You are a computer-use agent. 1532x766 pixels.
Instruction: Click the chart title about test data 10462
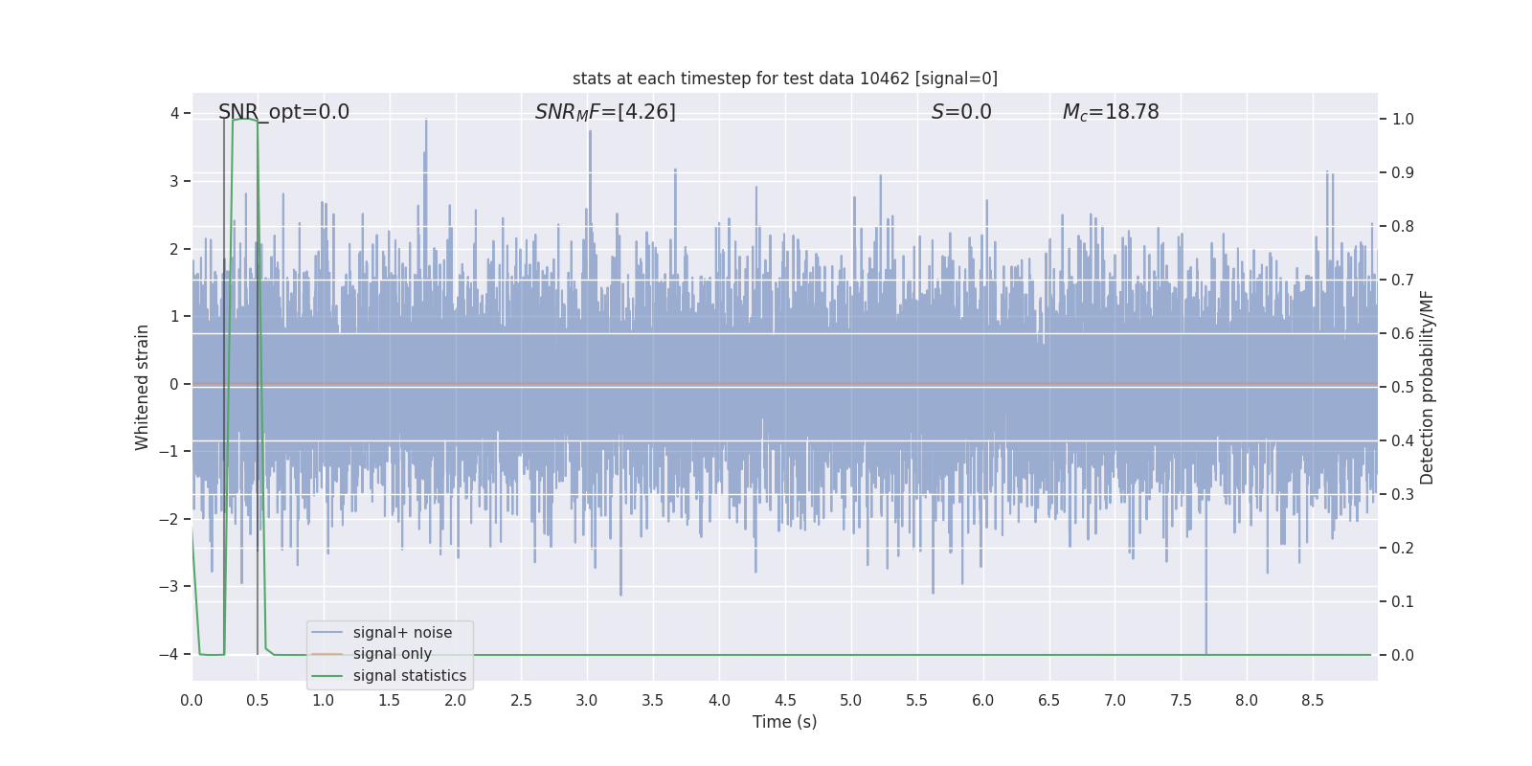coord(784,79)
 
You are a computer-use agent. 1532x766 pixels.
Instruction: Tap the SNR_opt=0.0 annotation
coord(283,112)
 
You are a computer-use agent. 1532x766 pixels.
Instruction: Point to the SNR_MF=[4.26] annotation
coord(605,112)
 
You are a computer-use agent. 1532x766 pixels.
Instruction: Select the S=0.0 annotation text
coord(961,112)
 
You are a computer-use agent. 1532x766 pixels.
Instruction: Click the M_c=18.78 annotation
coord(1111,112)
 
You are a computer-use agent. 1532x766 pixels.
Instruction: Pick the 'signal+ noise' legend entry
coord(402,633)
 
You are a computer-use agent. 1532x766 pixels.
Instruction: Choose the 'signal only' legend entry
coord(392,654)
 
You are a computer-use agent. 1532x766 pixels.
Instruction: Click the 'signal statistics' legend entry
coord(409,676)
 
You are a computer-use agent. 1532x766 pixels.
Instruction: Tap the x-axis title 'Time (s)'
coord(784,722)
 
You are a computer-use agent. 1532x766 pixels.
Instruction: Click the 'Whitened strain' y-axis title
coord(143,387)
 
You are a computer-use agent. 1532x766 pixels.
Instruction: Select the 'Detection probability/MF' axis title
coord(1427,387)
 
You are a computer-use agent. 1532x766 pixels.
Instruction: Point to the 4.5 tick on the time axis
coord(785,701)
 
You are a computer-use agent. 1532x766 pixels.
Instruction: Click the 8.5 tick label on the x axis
coord(1313,701)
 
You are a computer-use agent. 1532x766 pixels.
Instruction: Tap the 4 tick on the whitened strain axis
coord(174,114)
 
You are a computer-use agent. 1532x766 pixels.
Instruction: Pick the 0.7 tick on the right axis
coord(1403,281)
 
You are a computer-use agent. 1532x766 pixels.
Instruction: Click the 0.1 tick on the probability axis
coord(1403,602)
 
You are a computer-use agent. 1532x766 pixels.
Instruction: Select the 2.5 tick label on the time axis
coord(521,701)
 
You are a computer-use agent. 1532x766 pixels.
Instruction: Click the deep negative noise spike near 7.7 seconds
coord(1205,622)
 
